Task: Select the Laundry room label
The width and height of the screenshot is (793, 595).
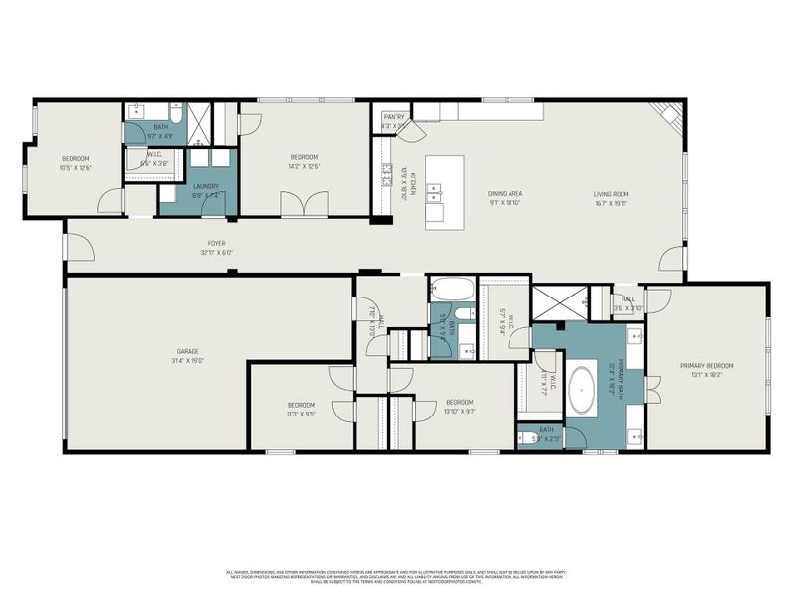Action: pyautogui.click(x=206, y=186)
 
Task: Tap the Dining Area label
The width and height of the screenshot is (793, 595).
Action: pyautogui.click(x=505, y=193)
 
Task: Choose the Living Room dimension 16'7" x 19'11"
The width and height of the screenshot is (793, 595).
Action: pyautogui.click(x=612, y=203)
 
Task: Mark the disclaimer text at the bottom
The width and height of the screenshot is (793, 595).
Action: pyautogui.click(x=396, y=576)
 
